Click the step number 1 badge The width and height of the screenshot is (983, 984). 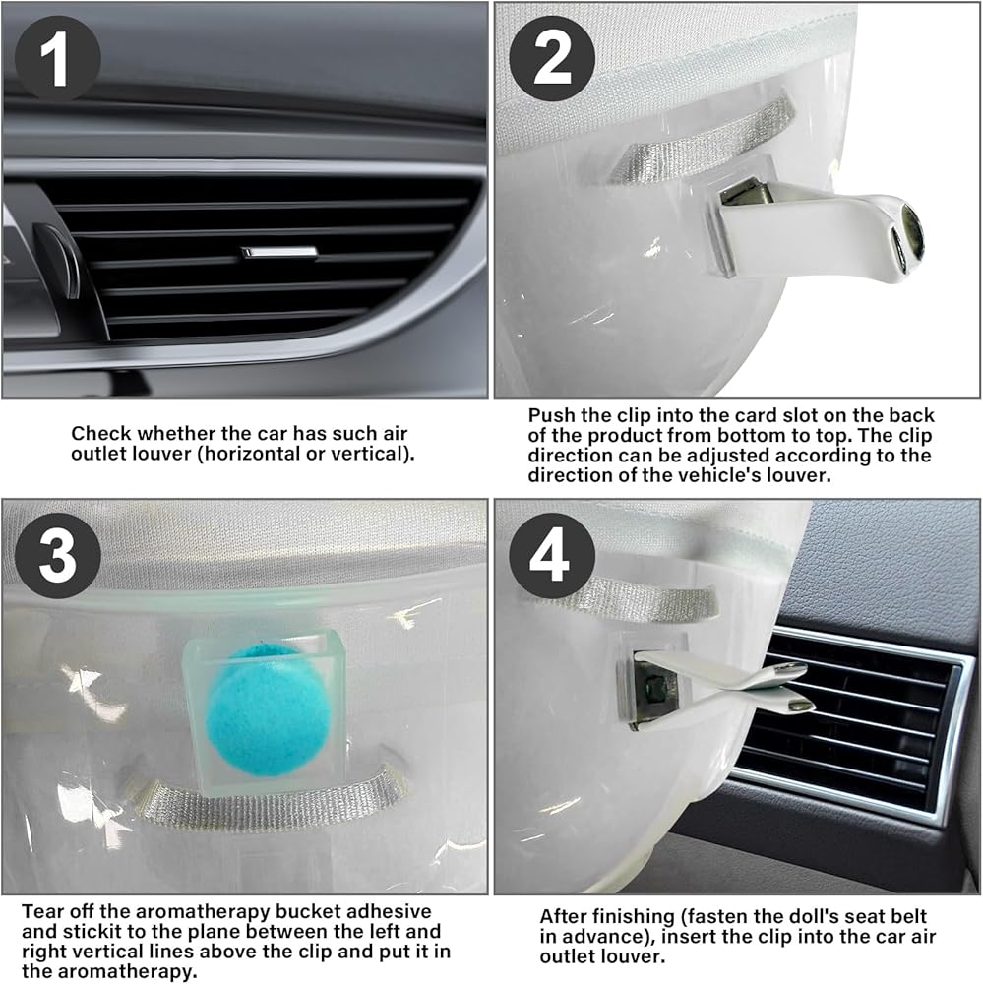(x=58, y=58)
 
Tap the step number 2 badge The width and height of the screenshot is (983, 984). (x=552, y=58)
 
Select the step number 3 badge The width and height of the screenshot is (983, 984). (x=58, y=555)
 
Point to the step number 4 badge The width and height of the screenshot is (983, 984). (x=552, y=555)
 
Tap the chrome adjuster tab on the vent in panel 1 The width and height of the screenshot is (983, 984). (x=279, y=252)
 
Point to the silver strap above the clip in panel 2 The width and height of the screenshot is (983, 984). (x=702, y=140)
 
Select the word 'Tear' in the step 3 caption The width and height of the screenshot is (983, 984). (x=43, y=911)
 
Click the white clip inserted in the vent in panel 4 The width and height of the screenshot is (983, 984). (x=722, y=687)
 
